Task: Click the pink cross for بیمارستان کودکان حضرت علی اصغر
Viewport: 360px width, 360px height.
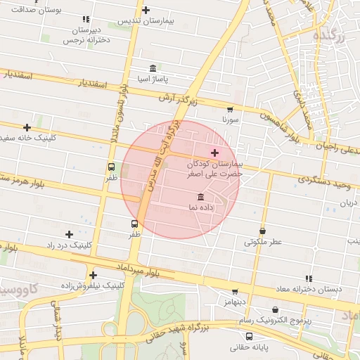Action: click(x=214, y=153)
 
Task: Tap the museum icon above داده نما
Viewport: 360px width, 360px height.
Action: click(x=201, y=196)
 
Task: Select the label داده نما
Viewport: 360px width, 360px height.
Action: click(x=201, y=208)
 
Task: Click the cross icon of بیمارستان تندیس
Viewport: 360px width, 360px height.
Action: click(x=146, y=10)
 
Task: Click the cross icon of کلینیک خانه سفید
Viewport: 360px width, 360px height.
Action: click(x=27, y=127)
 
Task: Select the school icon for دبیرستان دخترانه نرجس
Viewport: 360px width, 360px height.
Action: click(x=85, y=20)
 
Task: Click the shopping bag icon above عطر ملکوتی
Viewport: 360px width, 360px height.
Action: click(x=262, y=231)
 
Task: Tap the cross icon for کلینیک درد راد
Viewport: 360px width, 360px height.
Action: click(x=69, y=234)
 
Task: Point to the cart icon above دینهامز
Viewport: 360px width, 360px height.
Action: click(x=235, y=291)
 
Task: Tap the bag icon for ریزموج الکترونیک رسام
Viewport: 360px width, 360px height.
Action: click(x=275, y=309)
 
